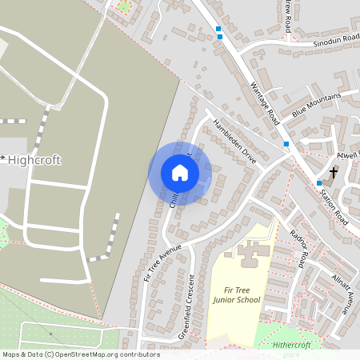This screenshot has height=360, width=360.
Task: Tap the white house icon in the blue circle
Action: click(x=180, y=173)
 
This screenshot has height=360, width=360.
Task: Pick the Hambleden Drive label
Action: click(x=234, y=142)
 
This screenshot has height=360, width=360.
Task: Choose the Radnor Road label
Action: click(x=299, y=247)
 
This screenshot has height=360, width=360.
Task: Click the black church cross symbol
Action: click(x=334, y=172)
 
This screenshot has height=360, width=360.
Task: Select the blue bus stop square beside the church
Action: click(x=318, y=182)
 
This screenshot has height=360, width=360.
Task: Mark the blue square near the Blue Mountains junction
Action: click(x=286, y=144)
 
